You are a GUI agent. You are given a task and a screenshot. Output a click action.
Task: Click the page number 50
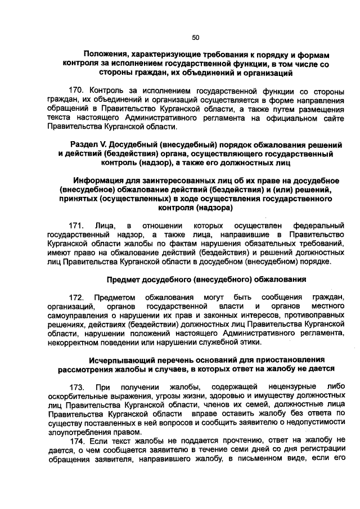tap(196, 38)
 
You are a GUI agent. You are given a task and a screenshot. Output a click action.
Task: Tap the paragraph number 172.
tap(78, 297)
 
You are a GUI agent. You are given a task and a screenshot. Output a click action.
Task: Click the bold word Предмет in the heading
tap(124, 279)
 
